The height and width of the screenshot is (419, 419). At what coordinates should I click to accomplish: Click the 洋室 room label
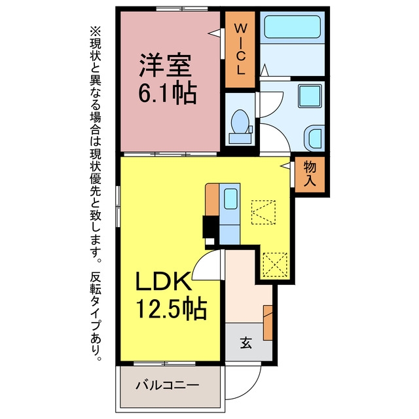click(x=166, y=65)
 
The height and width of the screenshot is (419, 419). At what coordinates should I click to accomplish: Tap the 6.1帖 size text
click(x=168, y=93)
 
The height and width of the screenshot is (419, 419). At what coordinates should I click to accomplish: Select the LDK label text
click(x=164, y=281)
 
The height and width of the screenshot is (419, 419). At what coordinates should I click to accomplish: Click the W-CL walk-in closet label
click(x=240, y=49)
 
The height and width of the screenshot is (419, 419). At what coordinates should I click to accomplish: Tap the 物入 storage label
click(x=310, y=173)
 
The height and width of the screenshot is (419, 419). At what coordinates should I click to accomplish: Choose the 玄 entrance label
click(x=246, y=342)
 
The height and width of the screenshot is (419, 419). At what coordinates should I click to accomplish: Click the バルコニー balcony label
click(x=168, y=385)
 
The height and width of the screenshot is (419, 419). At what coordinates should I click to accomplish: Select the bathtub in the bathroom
click(x=293, y=27)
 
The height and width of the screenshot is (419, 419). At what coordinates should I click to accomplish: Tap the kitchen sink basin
click(x=230, y=199)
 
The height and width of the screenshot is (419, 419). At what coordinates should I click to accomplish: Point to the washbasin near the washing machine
click(x=316, y=138)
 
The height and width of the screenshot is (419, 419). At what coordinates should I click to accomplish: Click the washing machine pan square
click(x=310, y=96)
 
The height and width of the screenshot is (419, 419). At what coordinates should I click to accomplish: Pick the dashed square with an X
click(x=275, y=264)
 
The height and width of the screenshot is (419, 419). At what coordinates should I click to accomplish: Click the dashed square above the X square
click(x=263, y=212)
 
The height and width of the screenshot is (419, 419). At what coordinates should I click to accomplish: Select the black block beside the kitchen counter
click(x=211, y=227)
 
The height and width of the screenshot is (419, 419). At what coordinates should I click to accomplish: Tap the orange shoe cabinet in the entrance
click(x=268, y=323)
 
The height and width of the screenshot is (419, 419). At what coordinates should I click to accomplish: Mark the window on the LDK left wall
click(x=118, y=206)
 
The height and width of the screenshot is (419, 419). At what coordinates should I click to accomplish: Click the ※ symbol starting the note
click(x=96, y=31)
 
